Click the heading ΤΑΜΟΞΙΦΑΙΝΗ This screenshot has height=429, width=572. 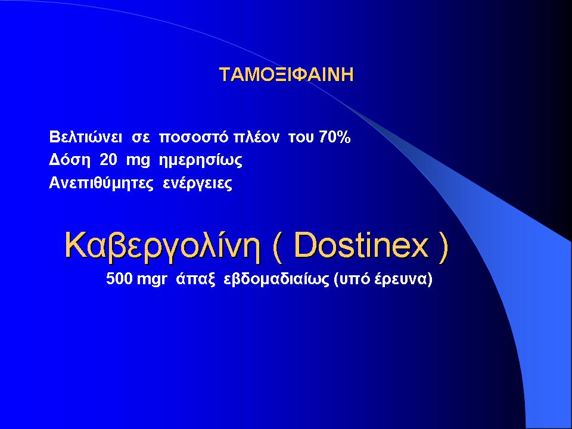[287, 74]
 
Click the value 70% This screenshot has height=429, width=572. [335, 137]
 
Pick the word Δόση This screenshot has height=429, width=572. [70, 160]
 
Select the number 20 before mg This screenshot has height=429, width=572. [108, 160]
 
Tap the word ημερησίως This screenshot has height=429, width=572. [201, 161]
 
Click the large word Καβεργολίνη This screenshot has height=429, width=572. [163, 245]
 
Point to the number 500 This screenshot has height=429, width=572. [119, 279]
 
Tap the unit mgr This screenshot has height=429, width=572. [152, 280]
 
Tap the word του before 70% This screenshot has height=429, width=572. [301, 138]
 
